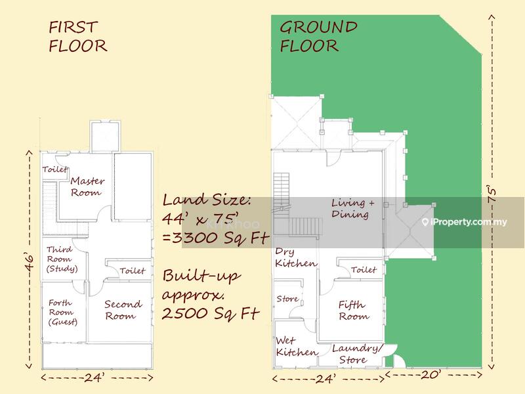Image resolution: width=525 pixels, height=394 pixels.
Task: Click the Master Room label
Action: click(87, 186)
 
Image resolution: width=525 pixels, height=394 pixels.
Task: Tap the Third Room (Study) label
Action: click(62, 259)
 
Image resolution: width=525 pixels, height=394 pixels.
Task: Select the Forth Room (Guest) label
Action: click(62, 313)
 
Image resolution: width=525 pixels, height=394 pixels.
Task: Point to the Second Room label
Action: click(123, 310)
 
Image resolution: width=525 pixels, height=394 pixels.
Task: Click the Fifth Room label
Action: click(354, 310)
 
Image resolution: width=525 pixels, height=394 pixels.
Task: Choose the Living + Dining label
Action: click(352, 208)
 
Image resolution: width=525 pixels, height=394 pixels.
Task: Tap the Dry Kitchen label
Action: click(296, 257)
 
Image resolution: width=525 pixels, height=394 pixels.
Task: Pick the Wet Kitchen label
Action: click(297, 347)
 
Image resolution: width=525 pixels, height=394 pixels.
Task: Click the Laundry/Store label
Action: click(356, 354)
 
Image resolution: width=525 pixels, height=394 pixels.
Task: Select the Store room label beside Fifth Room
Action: click(287, 299)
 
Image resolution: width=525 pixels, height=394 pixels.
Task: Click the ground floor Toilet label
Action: click(364, 269)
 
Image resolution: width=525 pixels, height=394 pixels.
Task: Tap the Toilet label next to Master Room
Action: click(55, 169)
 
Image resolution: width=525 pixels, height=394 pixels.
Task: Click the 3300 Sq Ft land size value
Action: click(215, 238)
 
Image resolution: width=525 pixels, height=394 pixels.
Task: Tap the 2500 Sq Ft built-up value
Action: click(211, 314)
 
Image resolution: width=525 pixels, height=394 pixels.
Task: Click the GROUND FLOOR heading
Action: click(318, 37)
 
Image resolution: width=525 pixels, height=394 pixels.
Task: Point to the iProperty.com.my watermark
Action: click(465, 222)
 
